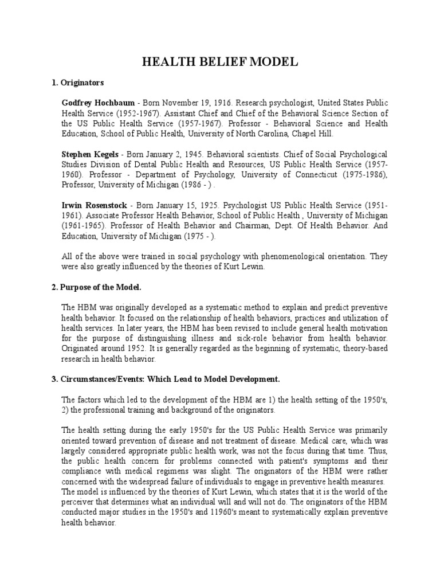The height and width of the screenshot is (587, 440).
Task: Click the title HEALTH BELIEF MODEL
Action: point(220,62)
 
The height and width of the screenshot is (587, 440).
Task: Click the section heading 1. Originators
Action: point(78,83)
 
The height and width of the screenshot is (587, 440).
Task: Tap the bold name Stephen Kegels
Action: point(89,154)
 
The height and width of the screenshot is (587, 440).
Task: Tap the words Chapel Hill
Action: point(316,134)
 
